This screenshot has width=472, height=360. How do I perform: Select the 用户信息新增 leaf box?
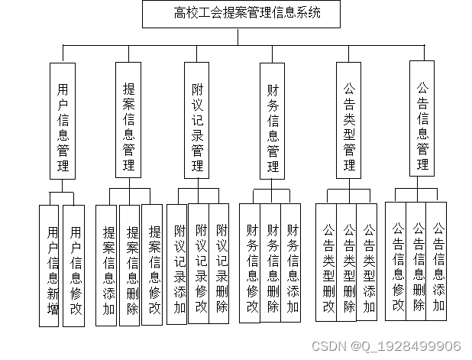coord(51,266)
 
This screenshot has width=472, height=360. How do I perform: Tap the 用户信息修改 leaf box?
coord(74,266)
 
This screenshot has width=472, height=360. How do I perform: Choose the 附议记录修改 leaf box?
coord(201,262)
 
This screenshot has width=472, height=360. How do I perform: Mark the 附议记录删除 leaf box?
coord(221,262)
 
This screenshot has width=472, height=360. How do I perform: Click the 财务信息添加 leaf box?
coord(293,262)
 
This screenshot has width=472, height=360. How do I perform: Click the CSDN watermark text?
coord(395,346)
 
